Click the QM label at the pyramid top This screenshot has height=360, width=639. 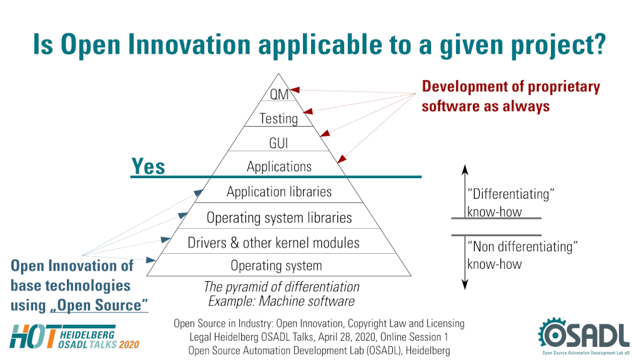pyautogui.click(x=279, y=94)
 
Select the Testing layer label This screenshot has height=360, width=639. pyautogui.click(x=279, y=119)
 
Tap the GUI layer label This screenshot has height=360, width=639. pyautogui.click(x=279, y=143)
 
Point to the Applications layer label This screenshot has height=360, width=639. pyautogui.click(x=279, y=167)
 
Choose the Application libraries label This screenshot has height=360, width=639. pyautogui.click(x=279, y=192)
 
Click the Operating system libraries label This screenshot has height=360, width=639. pyautogui.click(x=279, y=217)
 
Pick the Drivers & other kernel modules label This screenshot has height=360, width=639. pyautogui.click(x=274, y=242)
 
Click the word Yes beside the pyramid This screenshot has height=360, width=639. pyautogui.click(x=148, y=166)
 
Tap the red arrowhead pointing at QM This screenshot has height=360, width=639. pyautogui.click(x=295, y=90)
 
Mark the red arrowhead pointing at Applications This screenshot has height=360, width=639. pyautogui.click(x=342, y=159)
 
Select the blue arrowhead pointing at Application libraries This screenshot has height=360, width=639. pyautogui.click(x=199, y=192)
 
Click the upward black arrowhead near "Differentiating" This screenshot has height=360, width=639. pyautogui.click(x=465, y=169)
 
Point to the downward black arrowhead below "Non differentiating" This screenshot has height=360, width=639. pyautogui.click(x=465, y=284)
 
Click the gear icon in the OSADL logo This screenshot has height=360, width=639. pyautogui.click(x=552, y=333)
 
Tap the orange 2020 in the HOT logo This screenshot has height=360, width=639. pyautogui.click(x=129, y=344)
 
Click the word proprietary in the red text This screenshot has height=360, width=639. pyautogui.click(x=564, y=87)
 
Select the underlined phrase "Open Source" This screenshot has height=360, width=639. pyautogui.click(x=99, y=306)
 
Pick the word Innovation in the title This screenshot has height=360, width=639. pyautogui.click(x=189, y=44)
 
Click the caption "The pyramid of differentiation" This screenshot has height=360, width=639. pyautogui.click(x=282, y=287)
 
